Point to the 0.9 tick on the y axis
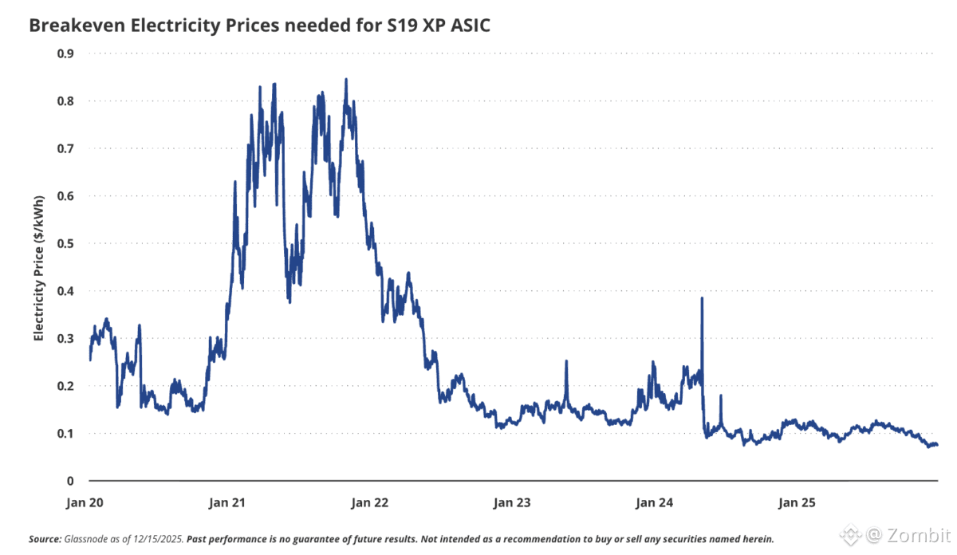tap(66, 53)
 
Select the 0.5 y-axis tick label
tap(66, 243)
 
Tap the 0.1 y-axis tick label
tap(66, 433)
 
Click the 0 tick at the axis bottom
tap(70, 481)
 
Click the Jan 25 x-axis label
tap(797, 503)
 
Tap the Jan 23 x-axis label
tap(513, 503)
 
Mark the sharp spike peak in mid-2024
tap(702, 298)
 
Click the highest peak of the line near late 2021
tap(345, 79)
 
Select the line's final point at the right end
tap(936, 444)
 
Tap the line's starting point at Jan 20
tap(90, 360)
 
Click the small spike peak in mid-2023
tap(566, 361)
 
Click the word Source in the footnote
tap(43, 538)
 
